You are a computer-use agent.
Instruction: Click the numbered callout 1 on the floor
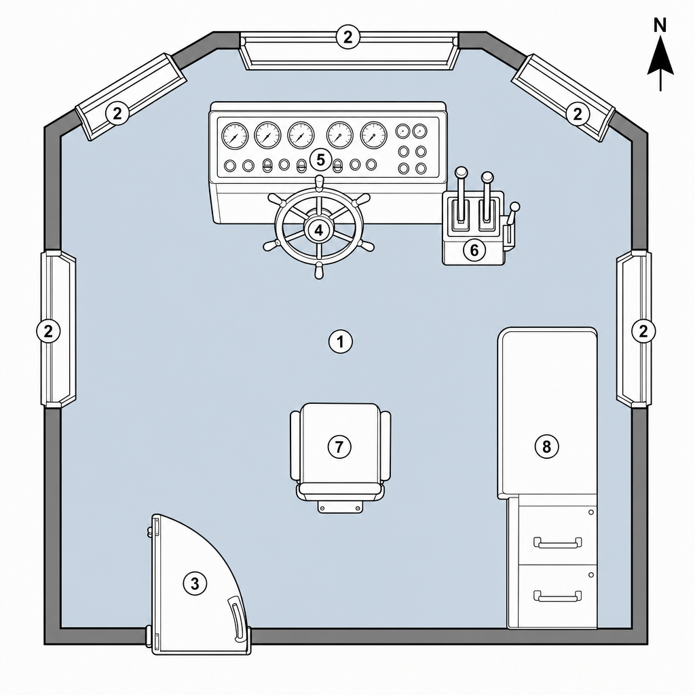341,342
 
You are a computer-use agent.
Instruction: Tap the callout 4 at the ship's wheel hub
319,231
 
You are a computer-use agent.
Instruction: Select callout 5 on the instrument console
320,159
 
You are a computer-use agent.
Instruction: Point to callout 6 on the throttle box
474,250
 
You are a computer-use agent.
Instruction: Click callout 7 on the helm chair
339,447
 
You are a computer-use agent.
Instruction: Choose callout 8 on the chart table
546,447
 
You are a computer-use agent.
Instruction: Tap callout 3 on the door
195,584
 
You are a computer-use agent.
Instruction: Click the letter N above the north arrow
660,26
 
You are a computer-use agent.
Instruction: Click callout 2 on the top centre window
348,37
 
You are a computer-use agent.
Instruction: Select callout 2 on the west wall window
48,331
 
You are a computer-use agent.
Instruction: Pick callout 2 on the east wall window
643,331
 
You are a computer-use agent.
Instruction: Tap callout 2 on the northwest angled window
117,113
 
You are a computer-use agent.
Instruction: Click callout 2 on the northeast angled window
577,114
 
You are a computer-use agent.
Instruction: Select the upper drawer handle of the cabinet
558,542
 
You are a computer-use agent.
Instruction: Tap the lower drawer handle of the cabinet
558,596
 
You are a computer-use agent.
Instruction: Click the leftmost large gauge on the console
234,136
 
